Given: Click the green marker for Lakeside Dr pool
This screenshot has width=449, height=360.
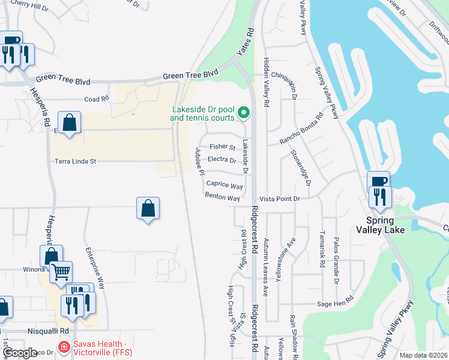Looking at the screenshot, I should pyautogui.click(x=244, y=112).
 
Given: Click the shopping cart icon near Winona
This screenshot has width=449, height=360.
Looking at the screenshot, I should pyautogui.click(x=61, y=272).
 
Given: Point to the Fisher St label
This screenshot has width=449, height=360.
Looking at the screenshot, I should pyautogui.click(x=222, y=146).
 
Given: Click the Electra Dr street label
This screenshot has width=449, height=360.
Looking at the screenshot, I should pyautogui.click(x=221, y=160).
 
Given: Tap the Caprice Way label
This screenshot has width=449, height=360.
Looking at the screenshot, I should pyautogui.click(x=224, y=186).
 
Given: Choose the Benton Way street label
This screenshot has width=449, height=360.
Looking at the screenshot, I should pyautogui.click(x=222, y=197).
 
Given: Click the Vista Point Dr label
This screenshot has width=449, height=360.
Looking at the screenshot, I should pyautogui.click(x=279, y=199).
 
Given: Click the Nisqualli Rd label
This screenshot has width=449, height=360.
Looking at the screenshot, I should pyautogui.click(x=48, y=331).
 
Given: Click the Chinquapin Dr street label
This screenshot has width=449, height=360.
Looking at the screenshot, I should pyautogui.click(x=284, y=76).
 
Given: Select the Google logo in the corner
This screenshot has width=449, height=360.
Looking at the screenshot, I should pyautogui.click(x=19, y=353).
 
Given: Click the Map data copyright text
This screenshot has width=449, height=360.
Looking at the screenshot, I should pyautogui.click(x=424, y=355).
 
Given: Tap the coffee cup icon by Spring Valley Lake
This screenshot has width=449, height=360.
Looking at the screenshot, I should pyautogui.click(x=378, y=181).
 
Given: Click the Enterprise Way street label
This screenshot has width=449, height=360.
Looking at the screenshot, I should pyautogui.click(x=95, y=268).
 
